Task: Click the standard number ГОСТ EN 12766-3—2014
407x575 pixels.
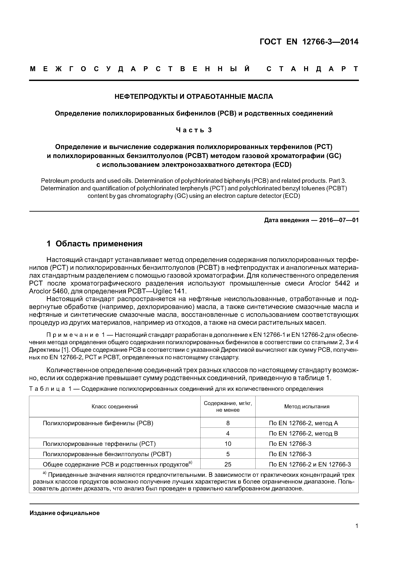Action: click(x=309, y=42)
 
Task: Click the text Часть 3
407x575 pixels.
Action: click(x=194, y=130)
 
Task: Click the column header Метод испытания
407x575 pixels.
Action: click(x=307, y=406)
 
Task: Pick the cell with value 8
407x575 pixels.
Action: click(x=228, y=423)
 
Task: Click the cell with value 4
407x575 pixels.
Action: click(x=228, y=434)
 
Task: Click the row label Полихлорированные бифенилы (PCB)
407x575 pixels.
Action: click(x=98, y=423)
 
